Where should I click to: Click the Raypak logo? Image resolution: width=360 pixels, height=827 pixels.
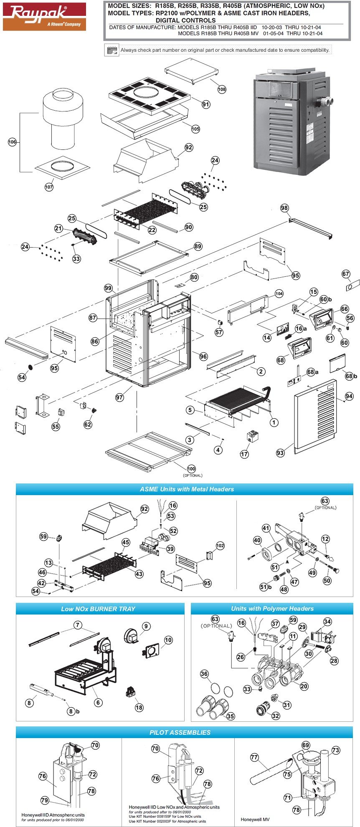[x=44, y=16]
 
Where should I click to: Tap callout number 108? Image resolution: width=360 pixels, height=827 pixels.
[x=222, y=89]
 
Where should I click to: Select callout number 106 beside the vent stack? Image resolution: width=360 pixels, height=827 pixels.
[x=12, y=142]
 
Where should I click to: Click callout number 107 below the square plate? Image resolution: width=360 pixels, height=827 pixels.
[x=49, y=187]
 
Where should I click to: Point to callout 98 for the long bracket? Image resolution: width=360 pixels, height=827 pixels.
[x=284, y=208]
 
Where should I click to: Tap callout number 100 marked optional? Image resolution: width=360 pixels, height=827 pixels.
[x=191, y=469]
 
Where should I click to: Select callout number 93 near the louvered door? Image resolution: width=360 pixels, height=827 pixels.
[x=280, y=453]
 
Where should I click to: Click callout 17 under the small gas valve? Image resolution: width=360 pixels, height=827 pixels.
[x=244, y=454]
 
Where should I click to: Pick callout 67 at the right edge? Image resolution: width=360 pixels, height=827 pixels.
[x=346, y=274]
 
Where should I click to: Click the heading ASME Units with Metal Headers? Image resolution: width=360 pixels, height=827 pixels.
[x=187, y=489]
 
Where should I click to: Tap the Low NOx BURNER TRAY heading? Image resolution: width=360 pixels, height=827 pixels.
[x=98, y=609]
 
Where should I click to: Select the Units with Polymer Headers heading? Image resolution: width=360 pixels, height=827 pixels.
[x=272, y=609]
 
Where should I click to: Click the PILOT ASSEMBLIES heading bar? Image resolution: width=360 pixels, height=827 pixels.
[x=180, y=732]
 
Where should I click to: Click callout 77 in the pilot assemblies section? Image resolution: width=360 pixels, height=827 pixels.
[x=254, y=757]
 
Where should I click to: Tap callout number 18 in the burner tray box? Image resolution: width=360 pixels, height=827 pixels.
[x=139, y=707]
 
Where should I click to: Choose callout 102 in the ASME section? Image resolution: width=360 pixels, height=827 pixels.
[x=220, y=545]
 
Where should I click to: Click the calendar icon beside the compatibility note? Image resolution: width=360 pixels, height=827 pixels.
[x=111, y=50]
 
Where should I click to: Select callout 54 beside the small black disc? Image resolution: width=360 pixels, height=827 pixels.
[x=22, y=377]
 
